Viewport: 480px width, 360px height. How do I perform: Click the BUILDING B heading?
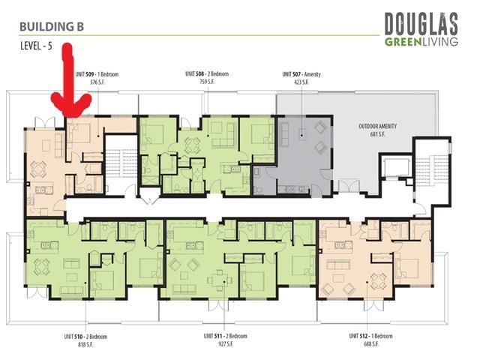coord(52,26)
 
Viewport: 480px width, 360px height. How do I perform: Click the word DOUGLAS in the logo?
coord(421,24)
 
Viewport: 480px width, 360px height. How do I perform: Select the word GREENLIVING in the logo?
coord(421,41)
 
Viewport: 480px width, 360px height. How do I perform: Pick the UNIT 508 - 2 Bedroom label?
coord(207,73)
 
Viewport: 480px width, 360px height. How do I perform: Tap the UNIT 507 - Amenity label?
coord(301,73)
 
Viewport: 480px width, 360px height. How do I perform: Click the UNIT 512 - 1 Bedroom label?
coord(370,335)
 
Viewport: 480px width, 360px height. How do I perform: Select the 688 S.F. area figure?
coord(370,343)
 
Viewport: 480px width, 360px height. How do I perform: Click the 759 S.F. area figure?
coord(207,82)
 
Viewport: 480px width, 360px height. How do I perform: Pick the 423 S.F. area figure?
coord(301,82)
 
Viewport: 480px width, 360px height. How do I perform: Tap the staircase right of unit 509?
coord(118,159)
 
